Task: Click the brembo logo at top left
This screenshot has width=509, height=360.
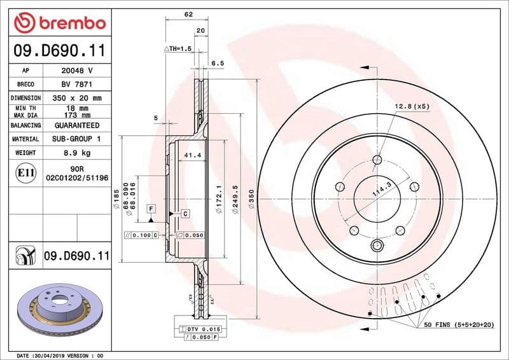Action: click(59, 24)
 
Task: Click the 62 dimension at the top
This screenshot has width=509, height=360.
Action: click(188, 14)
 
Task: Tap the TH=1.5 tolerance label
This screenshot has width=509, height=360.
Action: click(178, 49)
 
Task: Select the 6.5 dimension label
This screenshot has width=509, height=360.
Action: click(218, 63)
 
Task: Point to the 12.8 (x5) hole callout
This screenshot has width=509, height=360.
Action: click(412, 106)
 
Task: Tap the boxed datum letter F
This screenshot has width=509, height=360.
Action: click(151, 208)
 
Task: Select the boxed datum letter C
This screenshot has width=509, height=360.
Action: click(185, 214)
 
